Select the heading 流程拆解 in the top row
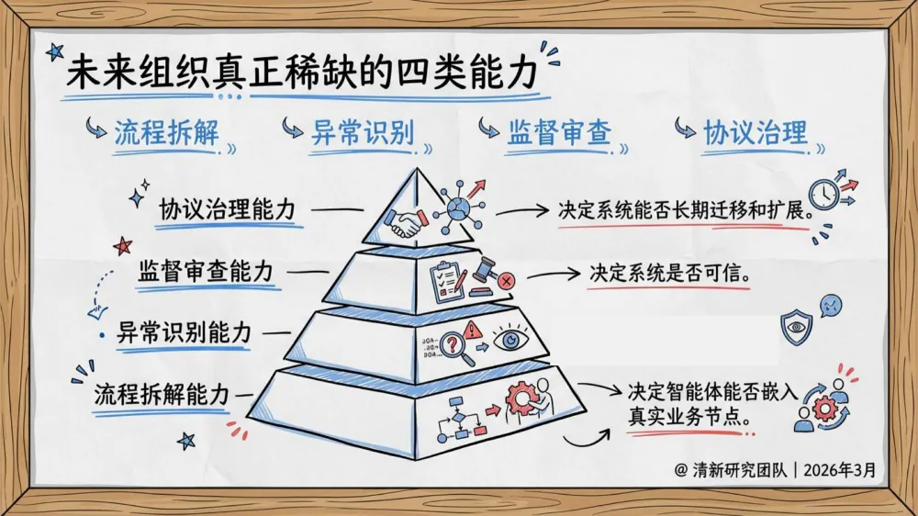click(x=166, y=133)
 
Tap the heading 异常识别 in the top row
click(x=363, y=133)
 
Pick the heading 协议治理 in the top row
click(x=755, y=133)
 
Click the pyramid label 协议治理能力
click(x=228, y=209)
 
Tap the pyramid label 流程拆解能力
click(x=162, y=395)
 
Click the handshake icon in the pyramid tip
click(x=405, y=223)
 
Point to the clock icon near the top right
click(x=825, y=193)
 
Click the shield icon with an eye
click(x=795, y=325)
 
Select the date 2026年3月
click(x=840, y=470)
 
